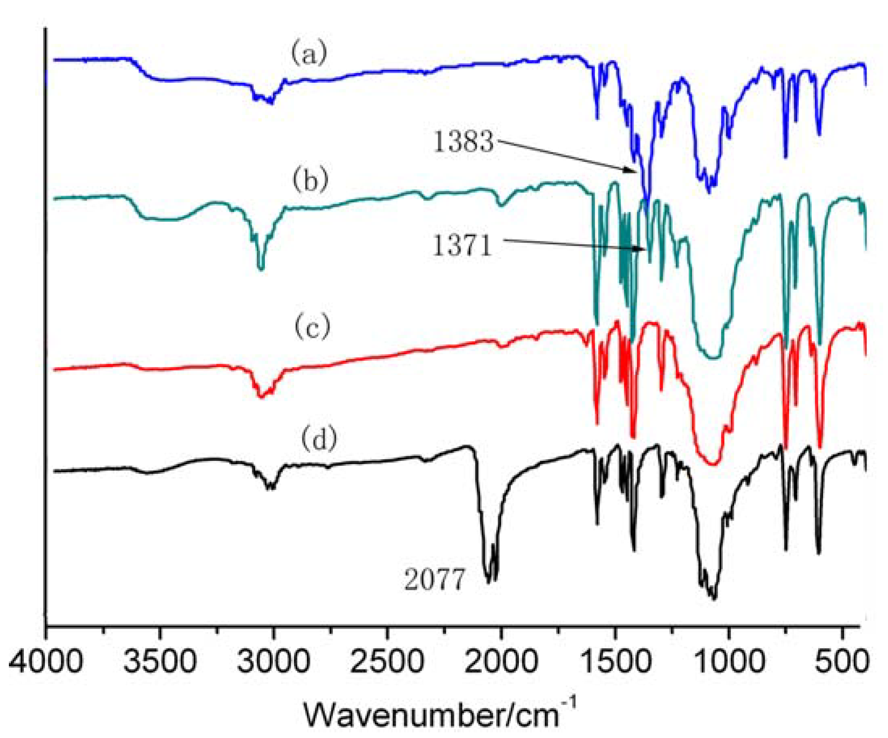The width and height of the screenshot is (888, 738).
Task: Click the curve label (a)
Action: pos(309,54)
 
